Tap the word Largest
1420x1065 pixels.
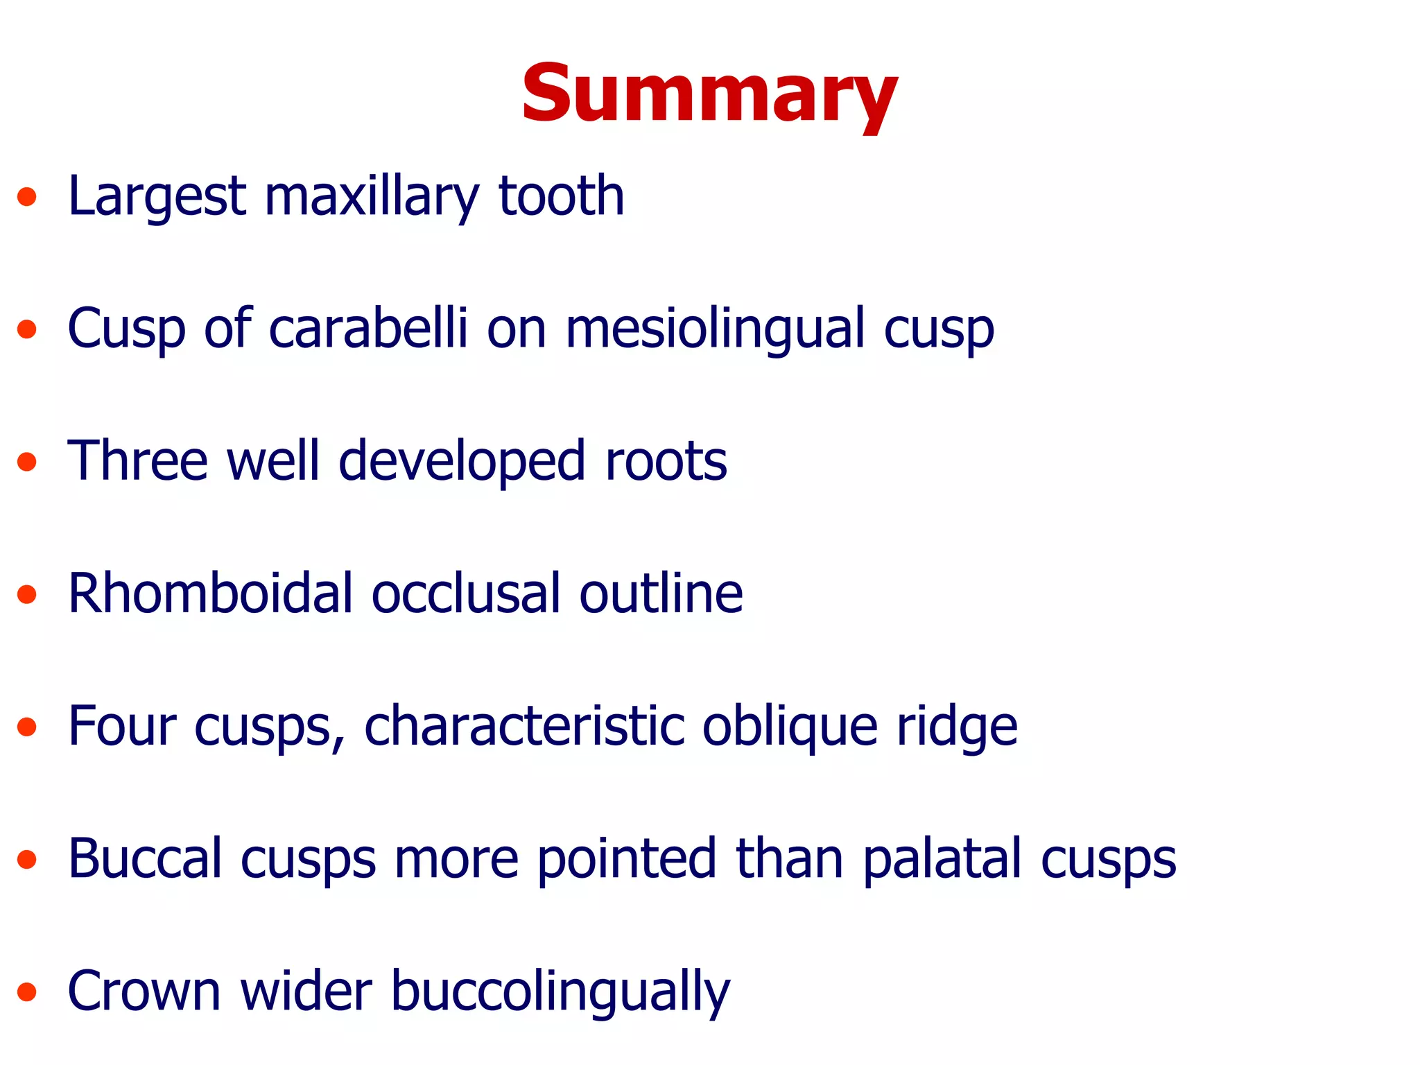point(157,197)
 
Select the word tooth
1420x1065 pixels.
point(562,197)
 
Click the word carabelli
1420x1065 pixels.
point(368,329)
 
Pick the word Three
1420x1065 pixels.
point(137,461)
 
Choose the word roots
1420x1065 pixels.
point(666,462)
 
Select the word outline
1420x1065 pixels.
point(661,594)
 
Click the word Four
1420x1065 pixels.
point(122,727)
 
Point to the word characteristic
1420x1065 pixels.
point(524,727)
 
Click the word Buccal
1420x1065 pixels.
point(145,859)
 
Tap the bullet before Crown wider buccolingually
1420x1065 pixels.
point(27,992)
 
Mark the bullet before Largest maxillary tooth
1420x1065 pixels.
point(27,197)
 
